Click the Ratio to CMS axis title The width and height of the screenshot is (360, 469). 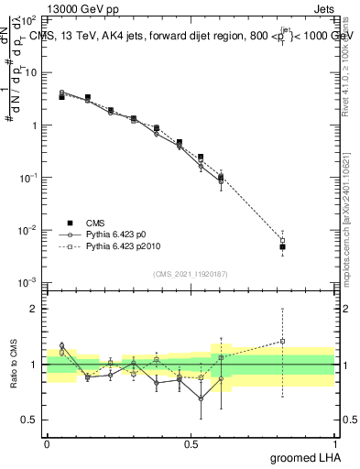(x=14, y=364)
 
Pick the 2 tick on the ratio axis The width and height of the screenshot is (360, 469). (x=35, y=309)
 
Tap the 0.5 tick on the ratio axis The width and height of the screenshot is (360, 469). (x=30, y=420)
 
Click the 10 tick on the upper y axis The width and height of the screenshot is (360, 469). (x=31, y=72)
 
